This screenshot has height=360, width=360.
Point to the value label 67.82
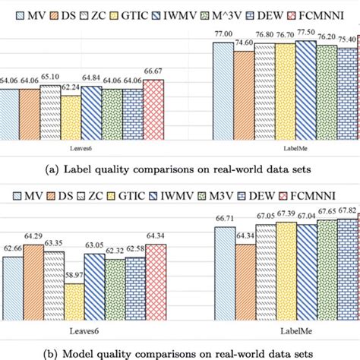[x=349, y=210]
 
